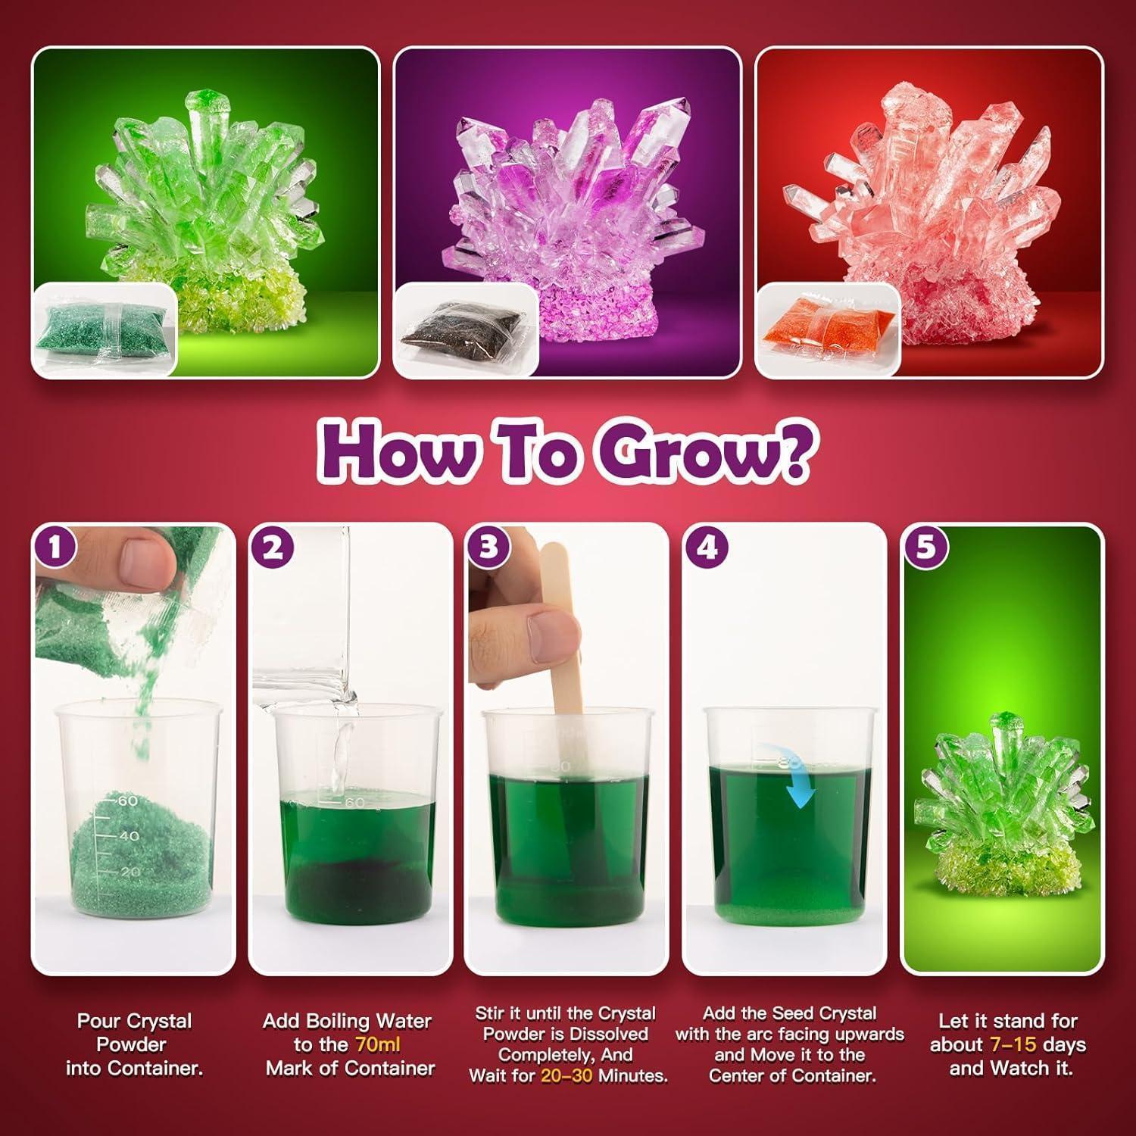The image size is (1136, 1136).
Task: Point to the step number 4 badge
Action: coord(707,547)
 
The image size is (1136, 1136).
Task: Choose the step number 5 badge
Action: coord(925,547)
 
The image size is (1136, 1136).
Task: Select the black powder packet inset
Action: coord(464,329)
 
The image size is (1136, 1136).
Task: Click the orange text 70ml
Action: coord(378,1044)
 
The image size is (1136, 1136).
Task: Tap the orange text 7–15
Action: coord(1013,1044)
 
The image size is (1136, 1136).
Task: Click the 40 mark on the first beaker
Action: coord(130,835)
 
